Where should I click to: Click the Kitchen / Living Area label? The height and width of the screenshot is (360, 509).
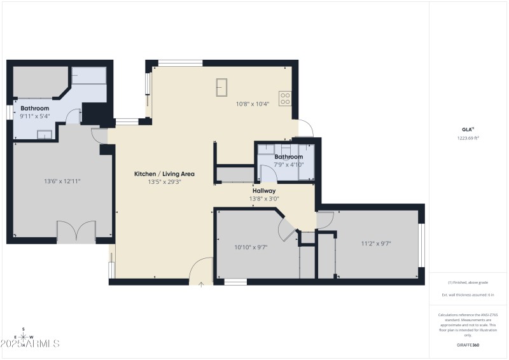coord(164,174)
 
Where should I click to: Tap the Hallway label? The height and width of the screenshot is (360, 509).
coord(264,190)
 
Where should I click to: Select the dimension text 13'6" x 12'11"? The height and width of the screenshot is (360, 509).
coord(62,181)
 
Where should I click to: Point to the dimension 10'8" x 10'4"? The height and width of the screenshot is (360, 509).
coord(253,104)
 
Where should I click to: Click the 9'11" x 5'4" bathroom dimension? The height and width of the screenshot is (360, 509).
coord(34,116)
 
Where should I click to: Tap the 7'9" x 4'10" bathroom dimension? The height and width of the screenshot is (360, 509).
coord(288,164)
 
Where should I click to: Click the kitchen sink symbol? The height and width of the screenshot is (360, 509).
coord(222,85)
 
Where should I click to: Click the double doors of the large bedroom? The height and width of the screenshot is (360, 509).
coord(76,231)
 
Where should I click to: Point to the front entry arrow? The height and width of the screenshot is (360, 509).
coord(201,284)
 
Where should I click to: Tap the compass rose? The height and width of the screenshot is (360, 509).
coord(24,338)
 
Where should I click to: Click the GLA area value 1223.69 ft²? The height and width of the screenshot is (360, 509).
coord(468,137)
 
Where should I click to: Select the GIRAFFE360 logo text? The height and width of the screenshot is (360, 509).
coord(468,343)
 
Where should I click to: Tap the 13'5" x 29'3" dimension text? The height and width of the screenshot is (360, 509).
coord(164,182)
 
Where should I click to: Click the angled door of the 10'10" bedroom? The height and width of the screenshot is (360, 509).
coord(286,229)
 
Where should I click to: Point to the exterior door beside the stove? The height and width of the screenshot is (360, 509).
coord(304,129)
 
